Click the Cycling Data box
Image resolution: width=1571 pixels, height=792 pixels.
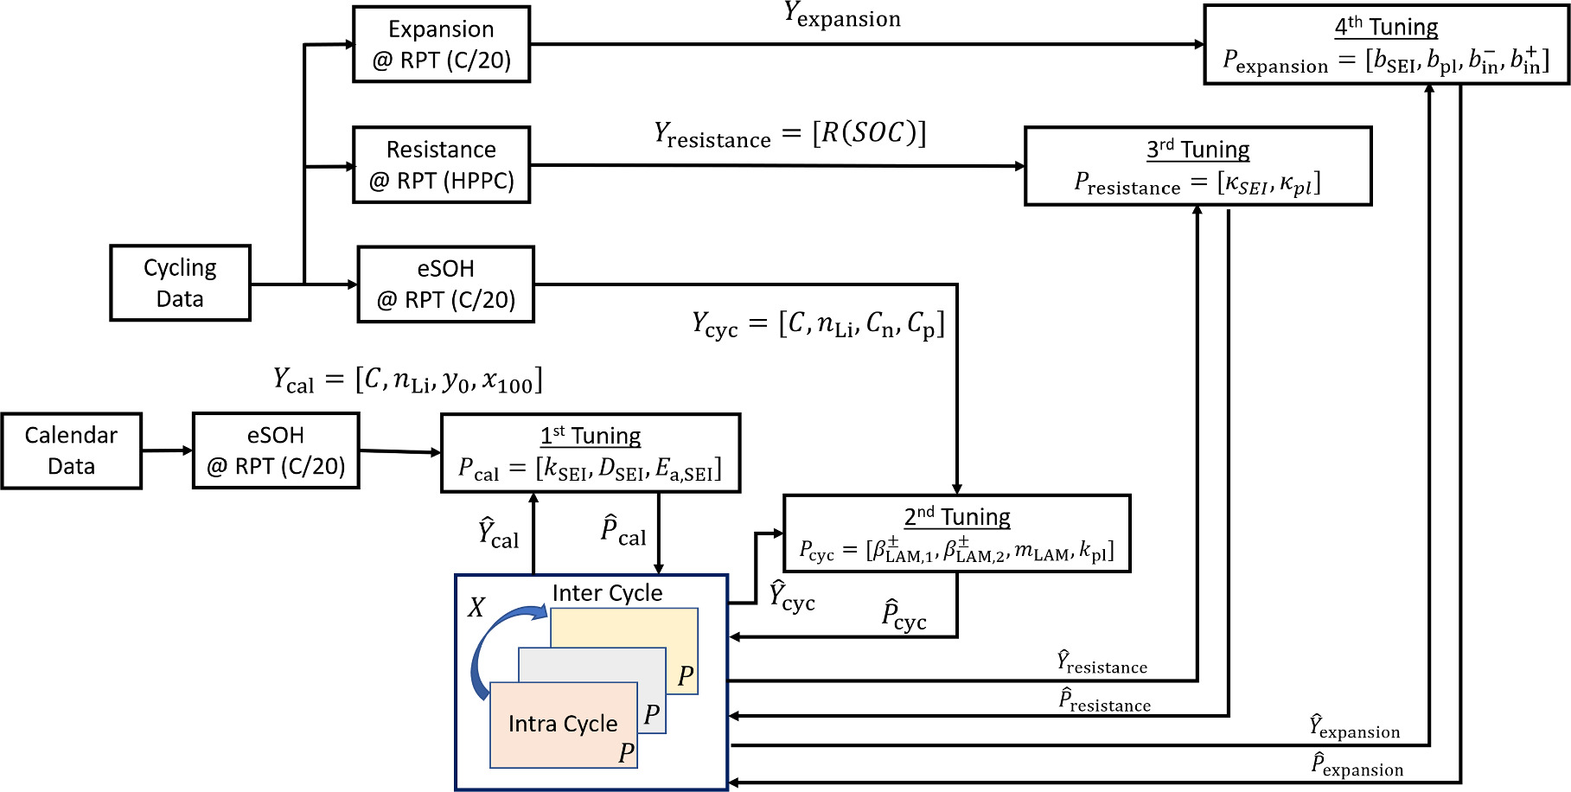pyautogui.click(x=180, y=283)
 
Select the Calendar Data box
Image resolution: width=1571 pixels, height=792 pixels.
pyautogui.click(x=71, y=450)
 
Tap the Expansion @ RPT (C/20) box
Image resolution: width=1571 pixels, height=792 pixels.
pyautogui.click(x=441, y=44)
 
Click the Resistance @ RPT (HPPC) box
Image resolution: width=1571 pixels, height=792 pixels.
pyautogui.click(x=441, y=165)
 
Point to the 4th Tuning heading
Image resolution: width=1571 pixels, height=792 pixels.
pyautogui.click(x=1386, y=27)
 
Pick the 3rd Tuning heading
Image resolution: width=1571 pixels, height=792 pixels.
pyautogui.click(x=1197, y=150)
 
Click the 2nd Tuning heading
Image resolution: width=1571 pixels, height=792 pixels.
pyautogui.click(x=956, y=517)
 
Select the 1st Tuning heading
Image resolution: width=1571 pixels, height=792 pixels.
pyautogui.click(x=591, y=436)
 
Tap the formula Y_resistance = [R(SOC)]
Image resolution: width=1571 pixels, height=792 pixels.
pyautogui.click(x=789, y=134)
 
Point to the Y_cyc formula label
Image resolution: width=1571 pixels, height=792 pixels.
pyautogui.click(x=817, y=324)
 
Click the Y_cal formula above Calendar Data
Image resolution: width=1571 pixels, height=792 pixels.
pyautogui.click(x=407, y=380)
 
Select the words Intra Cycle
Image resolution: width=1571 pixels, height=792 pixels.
pyautogui.click(x=563, y=724)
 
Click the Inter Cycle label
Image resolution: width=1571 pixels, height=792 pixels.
pyautogui.click(x=607, y=593)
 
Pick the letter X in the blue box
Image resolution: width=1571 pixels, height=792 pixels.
pyautogui.click(x=476, y=608)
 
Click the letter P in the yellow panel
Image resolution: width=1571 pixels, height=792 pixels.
pyautogui.click(x=686, y=675)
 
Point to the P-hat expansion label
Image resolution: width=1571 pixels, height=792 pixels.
pyautogui.click(x=1357, y=764)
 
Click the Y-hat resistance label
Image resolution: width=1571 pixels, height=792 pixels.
pyautogui.click(x=1102, y=663)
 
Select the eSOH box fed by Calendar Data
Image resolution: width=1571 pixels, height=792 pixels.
pyautogui.click(x=276, y=450)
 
